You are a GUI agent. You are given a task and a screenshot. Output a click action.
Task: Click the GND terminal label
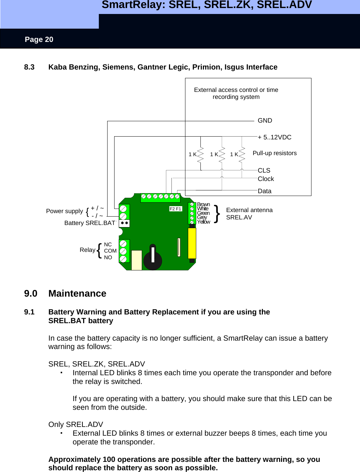pyautogui.click(x=265, y=121)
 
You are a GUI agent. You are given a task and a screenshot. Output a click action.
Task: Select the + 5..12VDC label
pyautogui.click(x=274, y=137)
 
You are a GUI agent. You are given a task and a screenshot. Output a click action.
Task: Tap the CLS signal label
pyautogui.click(x=264, y=170)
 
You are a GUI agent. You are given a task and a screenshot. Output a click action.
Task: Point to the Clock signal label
pyautogui.click(x=266, y=179)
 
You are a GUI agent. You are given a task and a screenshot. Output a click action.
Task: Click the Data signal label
pyautogui.click(x=264, y=191)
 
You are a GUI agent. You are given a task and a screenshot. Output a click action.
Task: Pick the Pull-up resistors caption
pyautogui.click(x=274, y=153)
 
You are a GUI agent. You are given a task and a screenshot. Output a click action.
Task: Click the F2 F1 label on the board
pyautogui.click(x=175, y=209)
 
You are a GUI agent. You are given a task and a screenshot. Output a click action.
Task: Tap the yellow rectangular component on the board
pyautogui.click(x=192, y=243)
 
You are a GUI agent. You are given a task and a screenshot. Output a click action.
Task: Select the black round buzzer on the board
pyautogui.click(x=153, y=258)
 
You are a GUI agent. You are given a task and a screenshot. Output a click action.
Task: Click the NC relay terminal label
pyautogui.click(x=108, y=245)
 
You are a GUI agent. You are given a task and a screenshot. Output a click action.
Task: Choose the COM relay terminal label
pyautogui.click(x=110, y=251)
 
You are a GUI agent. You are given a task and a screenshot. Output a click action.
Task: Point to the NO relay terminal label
pyautogui.click(x=108, y=257)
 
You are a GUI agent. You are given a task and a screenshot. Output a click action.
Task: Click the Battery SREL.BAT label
pyautogui.click(x=90, y=223)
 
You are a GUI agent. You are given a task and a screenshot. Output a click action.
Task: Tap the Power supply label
pyautogui.click(x=65, y=211)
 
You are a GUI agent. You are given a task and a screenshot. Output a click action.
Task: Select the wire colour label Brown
pyautogui.click(x=203, y=204)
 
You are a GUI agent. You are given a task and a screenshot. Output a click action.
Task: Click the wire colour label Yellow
pyautogui.click(x=203, y=222)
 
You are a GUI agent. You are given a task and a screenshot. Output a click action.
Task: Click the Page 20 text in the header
pyautogui.click(x=39, y=39)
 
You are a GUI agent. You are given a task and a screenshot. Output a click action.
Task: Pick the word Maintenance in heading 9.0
pyautogui.click(x=77, y=293)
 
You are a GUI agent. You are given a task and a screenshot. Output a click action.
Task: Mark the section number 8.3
pyautogui.click(x=29, y=67)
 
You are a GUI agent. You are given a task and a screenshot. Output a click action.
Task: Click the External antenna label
pyautogui.click(x=249, y=210)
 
